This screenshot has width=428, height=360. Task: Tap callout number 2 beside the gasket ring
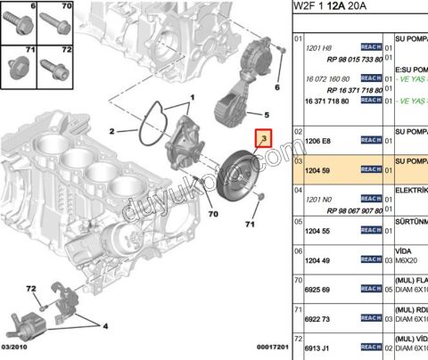(112, 132)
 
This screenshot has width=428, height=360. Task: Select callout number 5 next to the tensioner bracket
(265, 114)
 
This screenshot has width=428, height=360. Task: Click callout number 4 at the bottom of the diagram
(106, 327)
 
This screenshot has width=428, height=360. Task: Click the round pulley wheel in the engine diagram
(240, 171)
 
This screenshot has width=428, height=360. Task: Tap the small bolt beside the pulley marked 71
(257, 195)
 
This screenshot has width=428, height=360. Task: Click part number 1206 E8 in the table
(317, 140)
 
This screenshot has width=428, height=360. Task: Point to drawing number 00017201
(262, 348)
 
